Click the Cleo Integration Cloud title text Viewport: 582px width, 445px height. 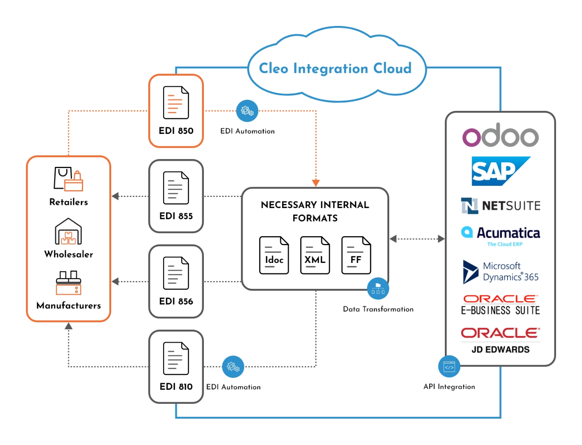335,68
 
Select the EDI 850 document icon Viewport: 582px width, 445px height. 176,103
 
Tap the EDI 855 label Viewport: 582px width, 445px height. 176,216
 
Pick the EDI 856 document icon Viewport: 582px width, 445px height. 176,273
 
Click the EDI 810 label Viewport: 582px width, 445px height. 176,386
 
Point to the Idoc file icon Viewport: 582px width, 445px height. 274,255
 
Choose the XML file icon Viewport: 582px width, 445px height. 315,255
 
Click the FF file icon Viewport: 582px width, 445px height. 356,255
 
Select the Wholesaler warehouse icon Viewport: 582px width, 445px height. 68,232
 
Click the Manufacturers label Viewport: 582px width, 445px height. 68,305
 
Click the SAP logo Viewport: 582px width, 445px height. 500,171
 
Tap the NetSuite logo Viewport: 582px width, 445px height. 500,205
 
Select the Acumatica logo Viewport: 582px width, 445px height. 500,235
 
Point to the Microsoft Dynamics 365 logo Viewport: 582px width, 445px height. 500,272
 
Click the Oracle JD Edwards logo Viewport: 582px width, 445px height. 500,340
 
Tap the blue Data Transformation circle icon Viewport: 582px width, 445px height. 378,289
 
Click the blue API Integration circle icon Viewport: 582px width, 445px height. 449,366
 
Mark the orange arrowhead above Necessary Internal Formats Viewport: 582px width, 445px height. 316,183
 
